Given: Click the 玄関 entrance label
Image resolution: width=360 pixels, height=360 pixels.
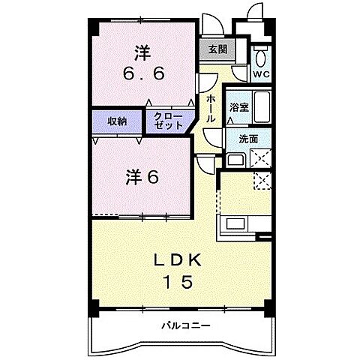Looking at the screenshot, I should (217, 51).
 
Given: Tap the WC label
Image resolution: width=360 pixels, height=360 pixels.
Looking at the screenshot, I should (260, 74).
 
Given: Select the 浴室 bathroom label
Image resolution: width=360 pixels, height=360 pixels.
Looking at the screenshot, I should (239, 107).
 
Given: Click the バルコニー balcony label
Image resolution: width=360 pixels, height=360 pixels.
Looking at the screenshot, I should (185, 325).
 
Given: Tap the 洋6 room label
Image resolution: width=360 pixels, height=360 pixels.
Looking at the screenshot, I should (142, 177).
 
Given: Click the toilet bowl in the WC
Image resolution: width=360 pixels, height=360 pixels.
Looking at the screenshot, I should (261, 57).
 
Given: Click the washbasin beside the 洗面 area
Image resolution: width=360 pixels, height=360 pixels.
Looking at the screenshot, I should (235, 160).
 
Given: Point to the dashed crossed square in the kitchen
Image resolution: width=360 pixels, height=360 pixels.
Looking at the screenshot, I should (262, 180).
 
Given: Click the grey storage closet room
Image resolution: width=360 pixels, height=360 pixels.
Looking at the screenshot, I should (116, 121).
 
